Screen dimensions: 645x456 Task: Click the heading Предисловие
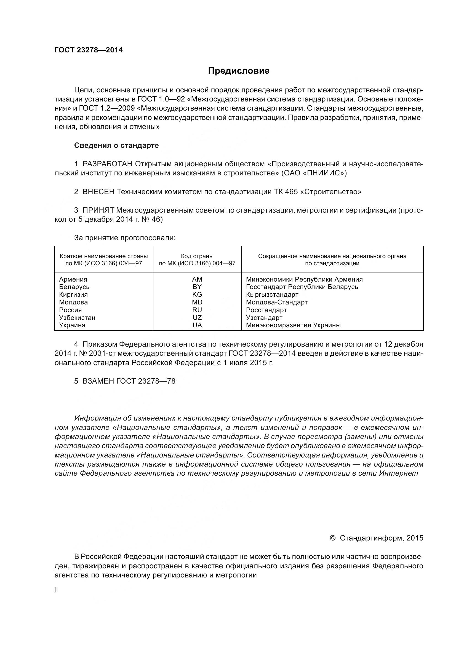(239, 71)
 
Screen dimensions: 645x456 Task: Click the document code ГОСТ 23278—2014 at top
(89, 50)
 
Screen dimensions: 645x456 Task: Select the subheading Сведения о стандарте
(116, 145)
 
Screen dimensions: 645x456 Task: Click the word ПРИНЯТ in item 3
(98, 210)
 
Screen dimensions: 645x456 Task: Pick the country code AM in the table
(197, 279)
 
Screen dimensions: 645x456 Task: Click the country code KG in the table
(197, 295)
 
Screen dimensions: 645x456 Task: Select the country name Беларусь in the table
(74, 287)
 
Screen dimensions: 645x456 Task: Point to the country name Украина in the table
(72, 325)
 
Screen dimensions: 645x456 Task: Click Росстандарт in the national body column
(266, 310)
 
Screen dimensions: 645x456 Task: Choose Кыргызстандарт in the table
(272, 295)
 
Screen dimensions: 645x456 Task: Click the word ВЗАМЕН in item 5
(98, 381)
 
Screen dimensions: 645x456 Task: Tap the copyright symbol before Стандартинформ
(332, 538)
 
